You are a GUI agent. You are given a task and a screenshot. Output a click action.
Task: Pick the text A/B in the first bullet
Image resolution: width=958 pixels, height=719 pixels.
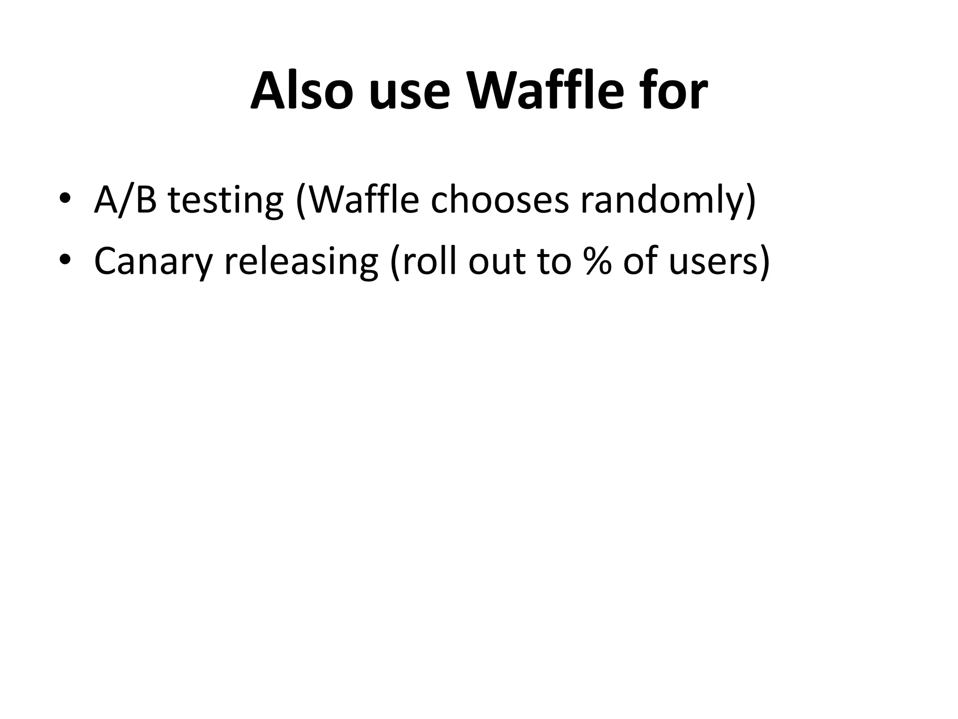pyautogui.click(x=125, y=199)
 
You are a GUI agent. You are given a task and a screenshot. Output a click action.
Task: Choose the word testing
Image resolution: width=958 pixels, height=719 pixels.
pyautogui.click(x=226, y=201)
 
